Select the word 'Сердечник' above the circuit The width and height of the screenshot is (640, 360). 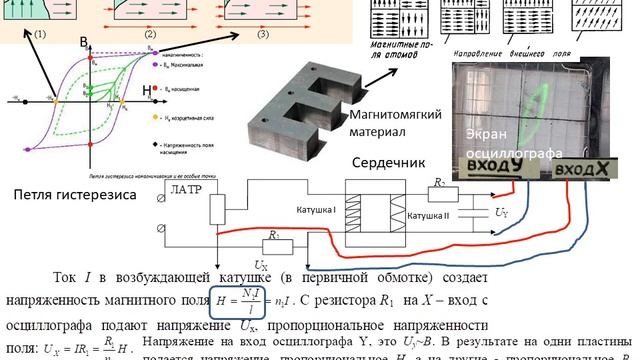point(386,163)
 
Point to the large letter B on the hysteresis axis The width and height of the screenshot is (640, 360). point(86,39)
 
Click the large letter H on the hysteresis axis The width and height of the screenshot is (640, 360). point(147,92)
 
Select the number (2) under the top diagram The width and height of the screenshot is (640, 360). point(151,35)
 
